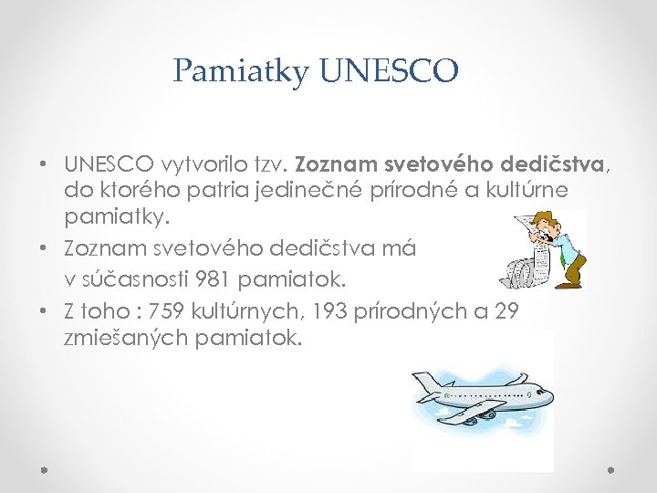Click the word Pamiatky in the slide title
tap(241, 71)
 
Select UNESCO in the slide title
tap(389, 71)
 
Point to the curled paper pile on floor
tap(524, 270)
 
